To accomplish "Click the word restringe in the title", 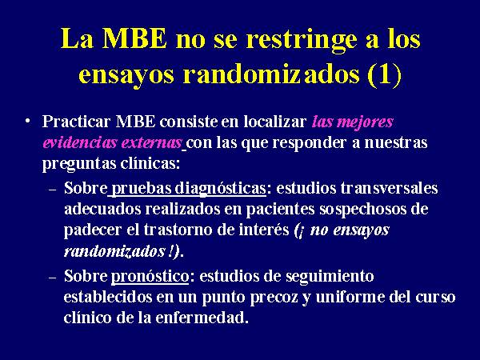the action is point(302,41).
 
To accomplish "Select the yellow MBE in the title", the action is point(134,38).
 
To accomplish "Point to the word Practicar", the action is point(76,122).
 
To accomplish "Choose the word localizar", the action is point(275,122).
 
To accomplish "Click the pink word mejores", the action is point(365,122).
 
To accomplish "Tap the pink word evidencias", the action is point(80,142).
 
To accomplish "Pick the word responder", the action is point(309,143).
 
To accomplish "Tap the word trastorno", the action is point(178,230).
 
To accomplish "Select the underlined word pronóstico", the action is point(150,277).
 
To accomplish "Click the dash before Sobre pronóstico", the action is point(53,278).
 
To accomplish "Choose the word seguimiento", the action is point(330,277).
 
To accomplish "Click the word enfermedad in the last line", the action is point(201,318).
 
